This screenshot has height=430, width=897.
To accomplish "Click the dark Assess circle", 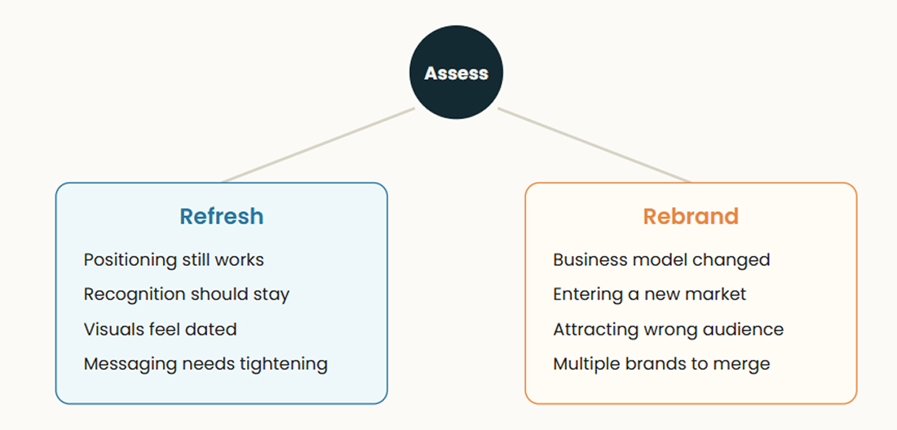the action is click(x=456, y=73).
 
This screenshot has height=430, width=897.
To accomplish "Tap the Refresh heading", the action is click(x=221, y=216).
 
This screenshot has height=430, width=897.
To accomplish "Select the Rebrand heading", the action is click(x=691, y=216).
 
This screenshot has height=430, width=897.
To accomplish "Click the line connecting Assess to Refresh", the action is click(x=317, y=145).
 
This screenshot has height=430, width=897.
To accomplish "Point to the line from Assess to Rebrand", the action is click(x=595, y=145).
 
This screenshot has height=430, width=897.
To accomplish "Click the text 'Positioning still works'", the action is click(x=174, y=260).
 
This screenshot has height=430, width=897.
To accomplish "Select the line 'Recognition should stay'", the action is click(x=187, y=295).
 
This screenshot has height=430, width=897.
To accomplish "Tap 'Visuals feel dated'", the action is click(x=160, y=329).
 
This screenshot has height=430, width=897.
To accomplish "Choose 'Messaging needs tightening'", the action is click(x=206, y=365).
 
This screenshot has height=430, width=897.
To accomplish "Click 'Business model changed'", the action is click(x=661, y=260).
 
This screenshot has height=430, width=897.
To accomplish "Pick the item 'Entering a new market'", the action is click(x=650, y=295).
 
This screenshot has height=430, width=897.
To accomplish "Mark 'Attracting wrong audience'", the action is click(x=668, y=330).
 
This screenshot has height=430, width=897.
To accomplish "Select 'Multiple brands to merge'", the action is click(x=661, y=365).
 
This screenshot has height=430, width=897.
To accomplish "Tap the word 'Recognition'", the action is click(x=135, y=295).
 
